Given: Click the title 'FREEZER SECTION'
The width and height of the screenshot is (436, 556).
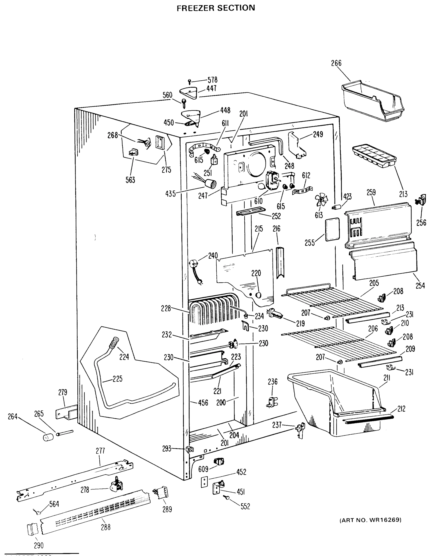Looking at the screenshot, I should (216, 8).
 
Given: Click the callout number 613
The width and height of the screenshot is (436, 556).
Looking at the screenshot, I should (319, 215).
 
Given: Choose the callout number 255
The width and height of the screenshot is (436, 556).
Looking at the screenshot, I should (310, 243).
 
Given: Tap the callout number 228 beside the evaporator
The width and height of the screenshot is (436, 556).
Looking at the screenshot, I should (166, 308).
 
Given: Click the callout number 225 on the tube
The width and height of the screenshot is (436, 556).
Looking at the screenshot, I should (117, 379).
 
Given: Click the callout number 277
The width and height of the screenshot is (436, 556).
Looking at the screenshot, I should (100, 451).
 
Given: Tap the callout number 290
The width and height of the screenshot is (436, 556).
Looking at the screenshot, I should (38, 546).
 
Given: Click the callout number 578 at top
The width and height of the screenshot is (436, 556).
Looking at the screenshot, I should (212, 80).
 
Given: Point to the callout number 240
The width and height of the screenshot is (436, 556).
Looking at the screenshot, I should (213, 255).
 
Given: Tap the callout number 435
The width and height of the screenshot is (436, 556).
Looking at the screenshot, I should (170, 194).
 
